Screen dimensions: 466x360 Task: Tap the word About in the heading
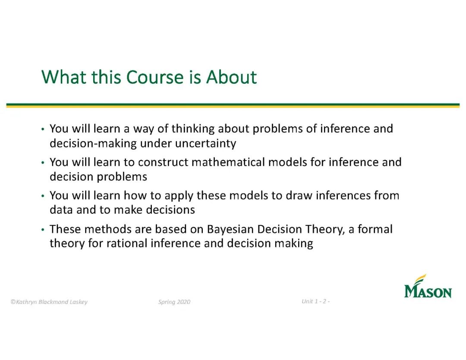231,77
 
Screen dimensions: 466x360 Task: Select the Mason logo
428,286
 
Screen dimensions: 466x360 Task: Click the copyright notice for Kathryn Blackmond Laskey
49,302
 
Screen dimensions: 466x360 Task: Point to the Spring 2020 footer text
174,302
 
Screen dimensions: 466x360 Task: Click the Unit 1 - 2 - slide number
315,301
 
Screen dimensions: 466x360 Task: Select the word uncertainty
206,144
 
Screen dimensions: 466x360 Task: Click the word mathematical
228,162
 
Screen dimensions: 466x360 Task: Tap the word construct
163,162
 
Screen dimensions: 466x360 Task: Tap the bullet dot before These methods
43,230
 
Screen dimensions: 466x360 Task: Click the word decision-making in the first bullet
93,144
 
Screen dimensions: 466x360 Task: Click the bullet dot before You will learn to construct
43,163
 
